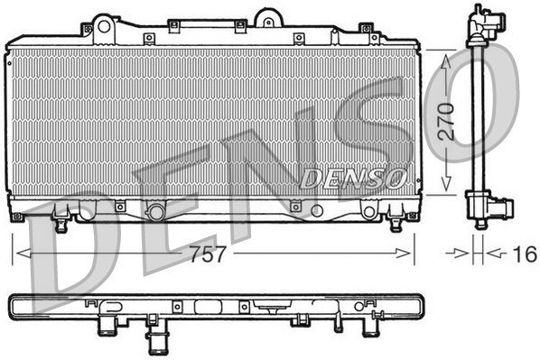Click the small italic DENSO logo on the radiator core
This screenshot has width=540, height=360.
point(352,178)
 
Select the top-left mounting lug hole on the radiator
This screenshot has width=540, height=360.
point(103,25)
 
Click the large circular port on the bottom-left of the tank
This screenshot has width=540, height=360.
point(155,212)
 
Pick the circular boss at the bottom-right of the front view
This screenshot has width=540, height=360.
point(368,212)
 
